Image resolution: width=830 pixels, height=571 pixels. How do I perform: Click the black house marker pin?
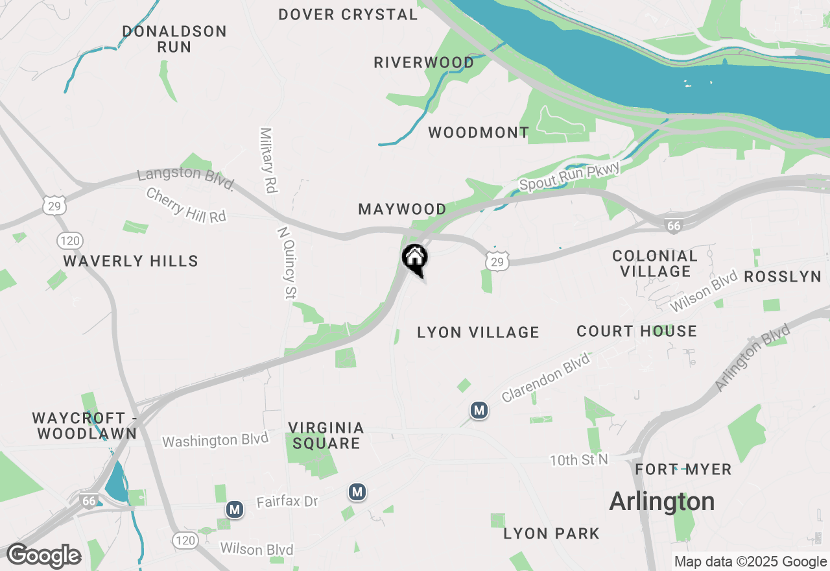click(x=415, y=259)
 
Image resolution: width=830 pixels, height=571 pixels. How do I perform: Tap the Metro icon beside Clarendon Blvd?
click(x=479, y=410)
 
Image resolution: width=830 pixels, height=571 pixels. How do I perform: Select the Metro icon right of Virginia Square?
click(x=357, y=492)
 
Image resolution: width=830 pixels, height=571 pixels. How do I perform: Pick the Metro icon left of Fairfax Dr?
click(x=235, y=509)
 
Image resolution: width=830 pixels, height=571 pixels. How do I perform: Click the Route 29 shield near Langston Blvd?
click(x=54, y=205)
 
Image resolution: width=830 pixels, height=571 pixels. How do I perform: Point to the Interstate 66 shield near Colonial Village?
click(x=674, y=226)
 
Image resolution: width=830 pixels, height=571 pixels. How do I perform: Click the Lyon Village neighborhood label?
click(x=478, y=333)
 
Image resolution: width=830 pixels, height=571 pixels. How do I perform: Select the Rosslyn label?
click(x=783, y=277)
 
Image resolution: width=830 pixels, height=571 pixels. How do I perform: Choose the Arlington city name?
click(x=662, y=502)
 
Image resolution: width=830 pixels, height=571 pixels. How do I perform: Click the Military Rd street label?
click(x=268, y=160)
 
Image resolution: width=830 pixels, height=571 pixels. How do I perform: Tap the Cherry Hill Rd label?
click(x=186, y=205)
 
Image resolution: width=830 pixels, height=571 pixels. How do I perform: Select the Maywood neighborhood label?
click(x=402, y=210)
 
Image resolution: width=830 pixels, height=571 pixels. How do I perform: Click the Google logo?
click(x=43, y=556)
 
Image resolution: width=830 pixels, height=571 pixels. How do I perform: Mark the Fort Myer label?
click(x=683, y=469)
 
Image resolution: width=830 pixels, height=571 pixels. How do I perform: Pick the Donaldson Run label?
click(x=174, y=39)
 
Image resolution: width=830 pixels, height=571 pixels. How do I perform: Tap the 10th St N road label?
click(x=580, y=460)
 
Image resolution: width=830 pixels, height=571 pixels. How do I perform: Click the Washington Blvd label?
click(x=215, y=440)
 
